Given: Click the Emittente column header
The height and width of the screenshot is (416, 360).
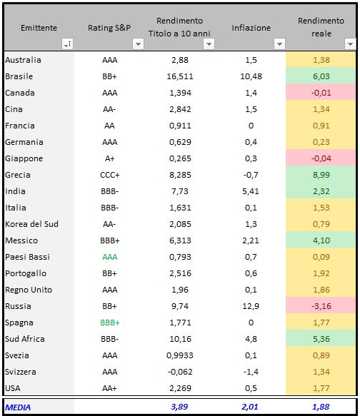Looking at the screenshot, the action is tap(39, 28).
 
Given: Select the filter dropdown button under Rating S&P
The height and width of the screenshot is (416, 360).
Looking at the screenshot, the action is tap(138, 44).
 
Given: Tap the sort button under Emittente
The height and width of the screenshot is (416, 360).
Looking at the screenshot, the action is tap(67, 44).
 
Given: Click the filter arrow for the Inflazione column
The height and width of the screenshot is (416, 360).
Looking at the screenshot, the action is tap(279, 44).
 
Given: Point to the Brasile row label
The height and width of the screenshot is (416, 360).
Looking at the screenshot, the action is tap(19, 76).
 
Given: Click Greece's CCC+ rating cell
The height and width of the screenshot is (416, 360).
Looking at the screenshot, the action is tap(110, 175).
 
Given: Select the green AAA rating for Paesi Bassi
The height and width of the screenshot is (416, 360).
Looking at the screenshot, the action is tap(110, 257).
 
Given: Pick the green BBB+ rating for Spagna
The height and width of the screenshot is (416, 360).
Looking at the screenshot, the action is tap(110, 323).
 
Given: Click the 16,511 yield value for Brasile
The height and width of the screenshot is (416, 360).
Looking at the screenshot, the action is tap(180, 76).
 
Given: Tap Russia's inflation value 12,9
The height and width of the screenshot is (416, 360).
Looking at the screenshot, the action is tap(251, 306).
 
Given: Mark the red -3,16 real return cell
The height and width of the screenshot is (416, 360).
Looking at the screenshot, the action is tap(321, 306).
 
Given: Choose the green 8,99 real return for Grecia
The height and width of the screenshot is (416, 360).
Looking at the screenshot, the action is tap(321, 175).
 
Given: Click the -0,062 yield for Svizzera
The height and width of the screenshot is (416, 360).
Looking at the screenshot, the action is tap(180, 372).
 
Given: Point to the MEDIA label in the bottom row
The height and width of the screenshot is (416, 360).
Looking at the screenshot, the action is tap(18, 407).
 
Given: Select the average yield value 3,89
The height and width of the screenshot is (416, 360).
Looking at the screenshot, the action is tap(179, 407).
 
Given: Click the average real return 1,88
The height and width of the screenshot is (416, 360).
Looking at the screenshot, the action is tap(321, 407).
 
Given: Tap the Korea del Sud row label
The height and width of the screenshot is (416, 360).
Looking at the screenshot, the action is tap(31, 224).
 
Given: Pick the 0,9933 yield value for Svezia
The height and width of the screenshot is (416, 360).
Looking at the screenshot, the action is tap(180, 355).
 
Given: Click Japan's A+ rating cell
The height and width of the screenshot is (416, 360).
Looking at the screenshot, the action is tap(110, 158).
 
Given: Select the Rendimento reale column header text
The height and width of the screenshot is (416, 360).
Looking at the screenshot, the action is tap(321, 27).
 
